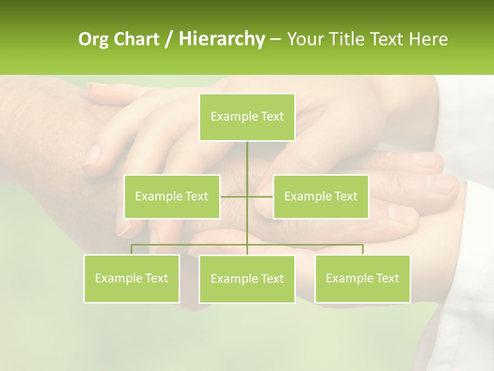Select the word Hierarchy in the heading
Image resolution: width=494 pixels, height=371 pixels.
(x=221, y=39)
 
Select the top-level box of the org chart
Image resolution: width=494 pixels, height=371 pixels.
(x=247, y=117)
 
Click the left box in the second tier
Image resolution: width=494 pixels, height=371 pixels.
(x=172, y=196)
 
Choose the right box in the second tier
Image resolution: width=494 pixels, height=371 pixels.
(x=321, y=196)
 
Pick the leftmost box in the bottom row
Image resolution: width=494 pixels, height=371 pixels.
(x=131, y=278)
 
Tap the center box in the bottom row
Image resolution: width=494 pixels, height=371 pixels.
(x=247, y=279)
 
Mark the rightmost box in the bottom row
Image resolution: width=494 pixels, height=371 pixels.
(x=362, y=278)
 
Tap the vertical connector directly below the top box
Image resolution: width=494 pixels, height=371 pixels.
(x=247, y=160)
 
